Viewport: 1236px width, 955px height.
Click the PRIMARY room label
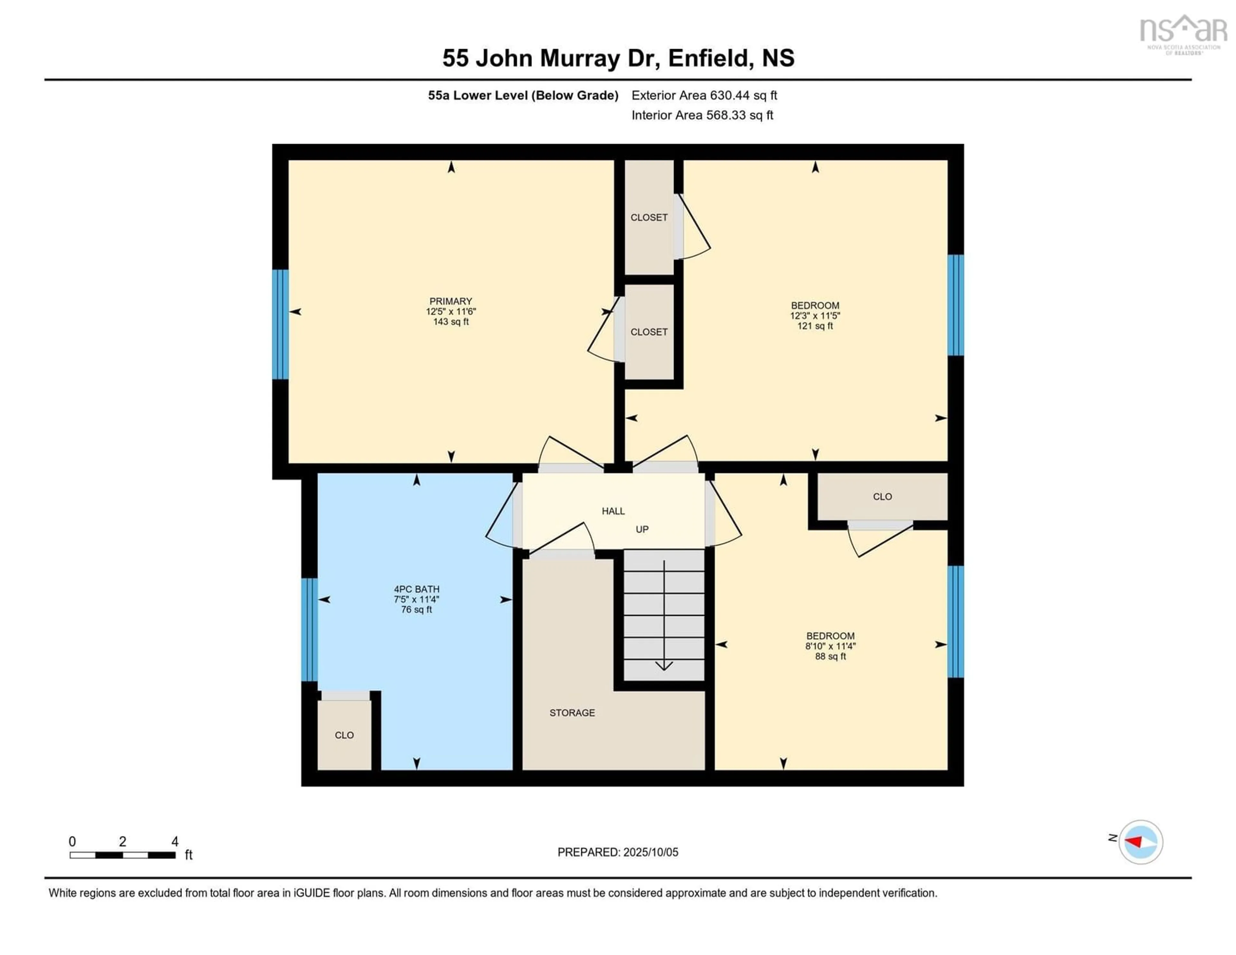coord(451,301)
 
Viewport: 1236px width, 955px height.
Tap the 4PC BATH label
coord(417,589)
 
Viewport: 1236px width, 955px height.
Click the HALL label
coord(613,511)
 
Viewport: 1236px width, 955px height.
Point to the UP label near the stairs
coord(642,529)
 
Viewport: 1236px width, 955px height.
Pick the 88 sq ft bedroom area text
coord(830,657)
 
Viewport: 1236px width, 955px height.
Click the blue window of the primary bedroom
coord(280,324)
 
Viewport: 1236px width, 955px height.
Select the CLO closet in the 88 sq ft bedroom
coord(882,496)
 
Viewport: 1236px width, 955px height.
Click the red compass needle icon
coord(1135,841)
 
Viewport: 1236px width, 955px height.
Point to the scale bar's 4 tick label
coord(175,842)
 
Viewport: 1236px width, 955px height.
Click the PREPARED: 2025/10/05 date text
coord(617,852)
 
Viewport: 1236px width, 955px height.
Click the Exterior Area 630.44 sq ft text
coord(704,95)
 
